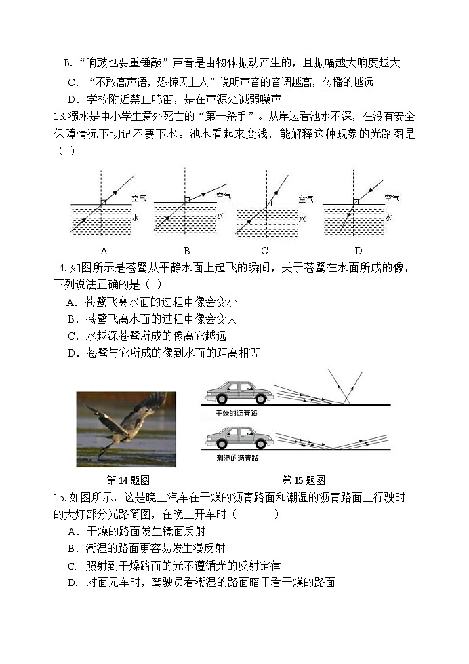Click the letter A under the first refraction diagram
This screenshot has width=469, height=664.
point(104,250)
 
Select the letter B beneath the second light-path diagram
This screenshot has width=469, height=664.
point(186,250)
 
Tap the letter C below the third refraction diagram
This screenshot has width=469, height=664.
point(265,250)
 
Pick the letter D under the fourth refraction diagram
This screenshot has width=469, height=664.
point(359,250)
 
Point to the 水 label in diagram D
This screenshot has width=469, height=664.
point(388,218)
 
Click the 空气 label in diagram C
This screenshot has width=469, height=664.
point(306,199)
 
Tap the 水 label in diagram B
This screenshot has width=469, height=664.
point(220,216)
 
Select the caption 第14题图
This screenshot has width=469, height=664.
point(128,480)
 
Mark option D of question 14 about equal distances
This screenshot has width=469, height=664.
point(163,353)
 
